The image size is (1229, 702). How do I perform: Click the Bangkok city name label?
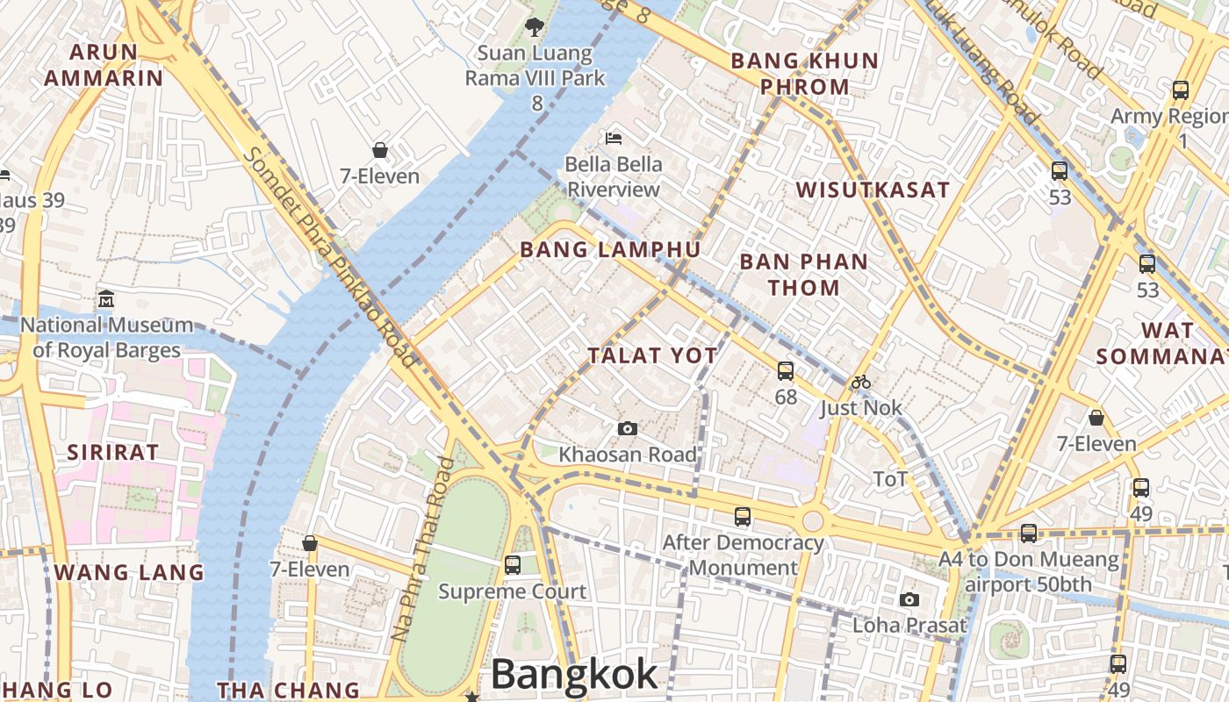574,674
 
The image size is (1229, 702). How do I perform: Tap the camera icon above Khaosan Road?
627,428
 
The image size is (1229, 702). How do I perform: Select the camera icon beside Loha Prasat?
909,599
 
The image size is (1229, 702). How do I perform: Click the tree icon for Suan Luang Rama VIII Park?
534,27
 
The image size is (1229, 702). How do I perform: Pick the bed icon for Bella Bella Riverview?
614,139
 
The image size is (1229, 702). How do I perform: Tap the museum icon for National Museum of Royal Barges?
106,298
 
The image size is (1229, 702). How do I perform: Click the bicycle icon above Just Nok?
861,382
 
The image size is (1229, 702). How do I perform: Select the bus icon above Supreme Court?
513,564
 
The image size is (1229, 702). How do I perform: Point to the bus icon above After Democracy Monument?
743,516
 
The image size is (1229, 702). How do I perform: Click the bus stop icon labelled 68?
786,370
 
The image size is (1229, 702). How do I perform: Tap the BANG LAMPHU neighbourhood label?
610,250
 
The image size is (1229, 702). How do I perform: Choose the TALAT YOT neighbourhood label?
652,355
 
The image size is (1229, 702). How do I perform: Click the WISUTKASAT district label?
873,190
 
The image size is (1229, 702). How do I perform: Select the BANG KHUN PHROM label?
804,74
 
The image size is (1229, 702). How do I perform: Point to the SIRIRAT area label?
114,453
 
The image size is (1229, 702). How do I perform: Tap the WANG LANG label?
129,573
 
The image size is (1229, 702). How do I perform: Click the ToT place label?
889,479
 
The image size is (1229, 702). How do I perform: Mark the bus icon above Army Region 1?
1181,90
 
